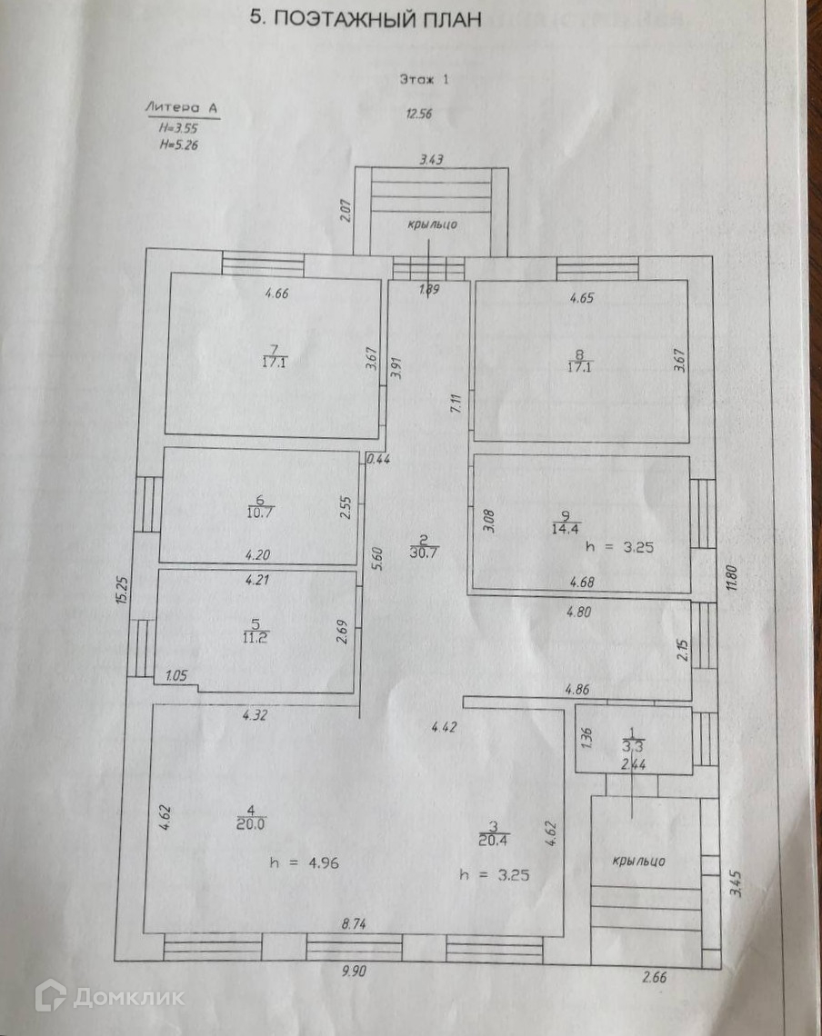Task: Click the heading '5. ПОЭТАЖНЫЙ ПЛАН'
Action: (366, 19)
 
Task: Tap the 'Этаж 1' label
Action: (425, 79)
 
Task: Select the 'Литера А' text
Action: (181, 108)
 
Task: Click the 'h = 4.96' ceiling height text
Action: (305, 863)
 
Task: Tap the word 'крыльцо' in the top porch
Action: (431, 224)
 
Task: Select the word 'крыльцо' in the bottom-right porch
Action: (640, 861)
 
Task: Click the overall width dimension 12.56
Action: (422, 114)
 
